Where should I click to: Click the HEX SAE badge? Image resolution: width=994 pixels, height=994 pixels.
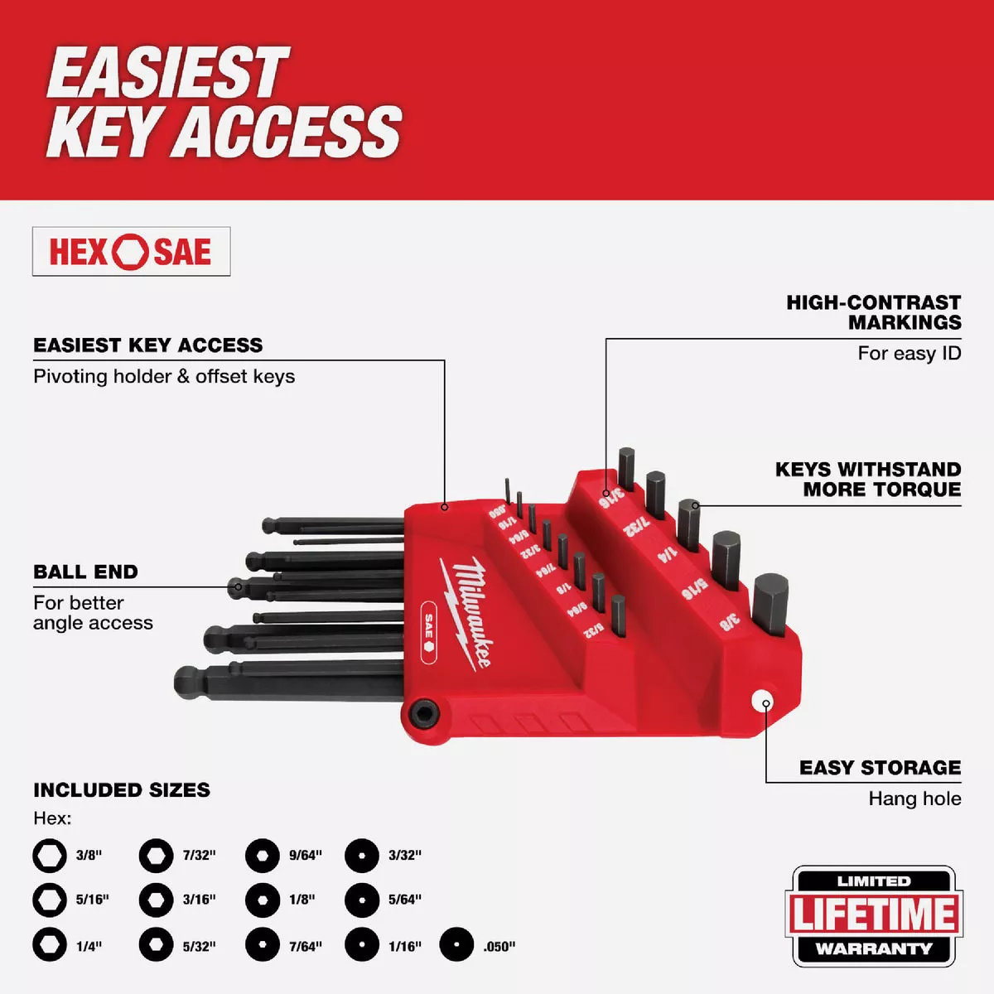pos(131,252)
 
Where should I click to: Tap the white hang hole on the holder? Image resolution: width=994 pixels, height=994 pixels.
pos(763,701)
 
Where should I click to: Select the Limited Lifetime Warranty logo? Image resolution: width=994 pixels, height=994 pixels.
pos(874,915)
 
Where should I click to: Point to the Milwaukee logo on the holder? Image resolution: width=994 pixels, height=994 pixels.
pos(467,611)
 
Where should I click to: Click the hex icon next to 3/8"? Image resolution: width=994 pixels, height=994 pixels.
pos(50,855)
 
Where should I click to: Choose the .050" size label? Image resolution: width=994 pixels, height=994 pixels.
pos(499,946)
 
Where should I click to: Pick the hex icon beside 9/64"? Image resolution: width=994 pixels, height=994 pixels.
pos(263,855)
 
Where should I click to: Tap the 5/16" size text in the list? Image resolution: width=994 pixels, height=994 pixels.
pos(93,900)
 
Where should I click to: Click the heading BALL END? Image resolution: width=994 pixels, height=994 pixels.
pos(85,572)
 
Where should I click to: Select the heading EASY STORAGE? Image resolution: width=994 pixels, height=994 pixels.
pos(880,768)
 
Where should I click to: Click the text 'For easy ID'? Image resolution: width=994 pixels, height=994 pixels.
pos(909,354)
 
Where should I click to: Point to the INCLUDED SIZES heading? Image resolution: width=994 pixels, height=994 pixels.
pos(122,789)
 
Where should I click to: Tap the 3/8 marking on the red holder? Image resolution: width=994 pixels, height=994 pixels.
pos(729,620)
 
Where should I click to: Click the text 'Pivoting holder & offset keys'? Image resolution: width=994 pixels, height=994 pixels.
pos(164,376)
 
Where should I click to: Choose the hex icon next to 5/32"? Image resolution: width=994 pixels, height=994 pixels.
pos(156,944)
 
